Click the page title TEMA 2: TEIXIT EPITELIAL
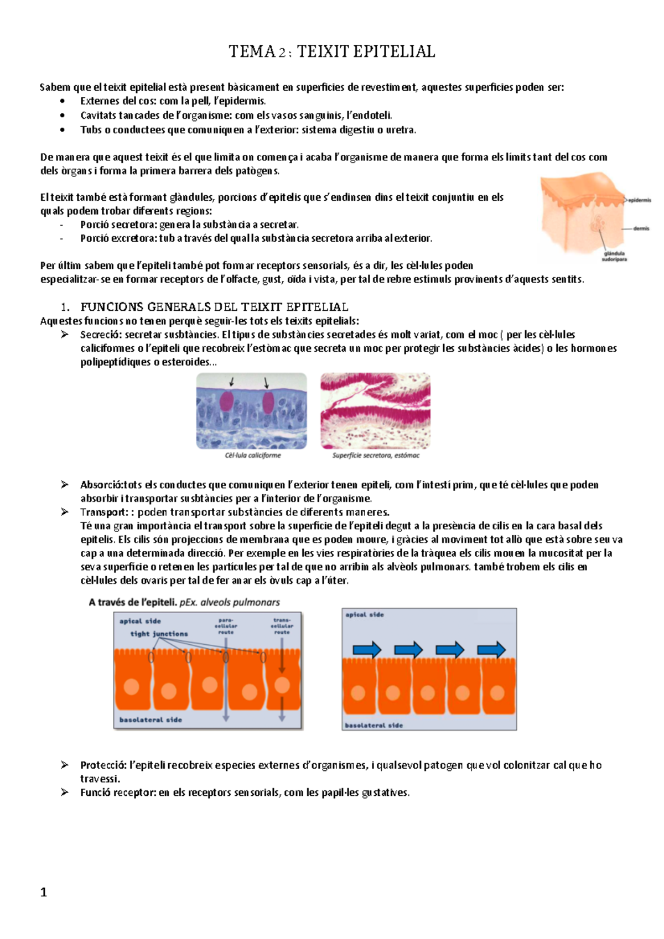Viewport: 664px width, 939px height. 332,51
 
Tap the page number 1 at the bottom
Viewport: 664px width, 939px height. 44,892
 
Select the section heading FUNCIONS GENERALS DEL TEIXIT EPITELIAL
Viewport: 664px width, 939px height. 214,307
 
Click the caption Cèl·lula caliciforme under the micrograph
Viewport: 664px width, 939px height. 253,456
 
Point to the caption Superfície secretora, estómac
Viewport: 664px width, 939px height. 376,456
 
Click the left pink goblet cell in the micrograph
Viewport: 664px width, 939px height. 226,401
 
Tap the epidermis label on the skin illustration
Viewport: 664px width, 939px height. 639,200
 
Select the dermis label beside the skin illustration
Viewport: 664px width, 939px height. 641,228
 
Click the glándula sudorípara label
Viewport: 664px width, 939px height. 614,256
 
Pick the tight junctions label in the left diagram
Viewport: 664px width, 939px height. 159,634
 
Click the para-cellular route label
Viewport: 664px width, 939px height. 226,626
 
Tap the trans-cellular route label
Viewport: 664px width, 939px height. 282,626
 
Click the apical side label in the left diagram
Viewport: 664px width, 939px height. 140,621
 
